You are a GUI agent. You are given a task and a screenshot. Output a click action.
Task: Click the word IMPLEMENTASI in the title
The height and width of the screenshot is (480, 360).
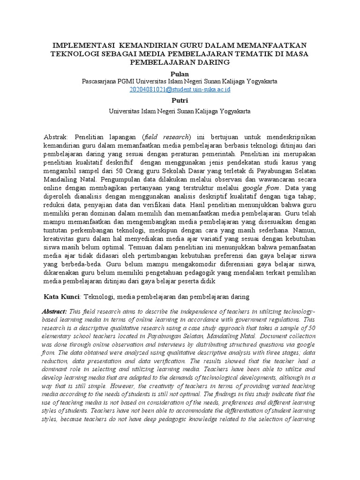82,45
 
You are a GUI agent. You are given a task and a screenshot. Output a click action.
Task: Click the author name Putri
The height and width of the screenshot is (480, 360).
180,100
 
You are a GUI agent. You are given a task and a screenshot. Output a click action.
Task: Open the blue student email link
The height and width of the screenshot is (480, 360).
180,89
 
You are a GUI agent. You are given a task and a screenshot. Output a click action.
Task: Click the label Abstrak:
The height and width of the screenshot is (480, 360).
56,136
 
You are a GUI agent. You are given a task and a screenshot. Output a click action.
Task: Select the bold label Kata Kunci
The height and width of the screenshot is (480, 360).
62,297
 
